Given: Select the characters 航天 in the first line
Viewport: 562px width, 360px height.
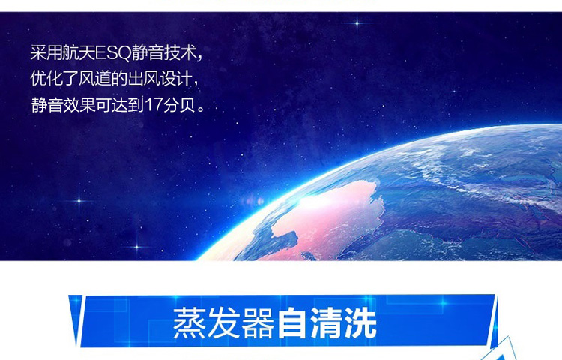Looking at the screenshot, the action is coord(79,53).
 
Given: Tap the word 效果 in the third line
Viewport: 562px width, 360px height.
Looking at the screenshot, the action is coord(79,105).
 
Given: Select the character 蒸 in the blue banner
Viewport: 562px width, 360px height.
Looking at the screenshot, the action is coord(190,322).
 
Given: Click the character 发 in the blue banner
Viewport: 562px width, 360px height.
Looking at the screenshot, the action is coord(223,322).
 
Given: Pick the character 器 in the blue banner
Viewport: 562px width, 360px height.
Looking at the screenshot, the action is coord(258,322).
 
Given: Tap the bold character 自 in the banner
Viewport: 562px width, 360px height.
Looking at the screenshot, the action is coord(292,322).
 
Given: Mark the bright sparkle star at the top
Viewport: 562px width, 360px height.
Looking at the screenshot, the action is coord(357,23).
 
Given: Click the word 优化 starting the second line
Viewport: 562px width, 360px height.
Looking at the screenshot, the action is coord(46,79).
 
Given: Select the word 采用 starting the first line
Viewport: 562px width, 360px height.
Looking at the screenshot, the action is coord(46,53).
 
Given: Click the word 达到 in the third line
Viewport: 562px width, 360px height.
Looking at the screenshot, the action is coord(128,105).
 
